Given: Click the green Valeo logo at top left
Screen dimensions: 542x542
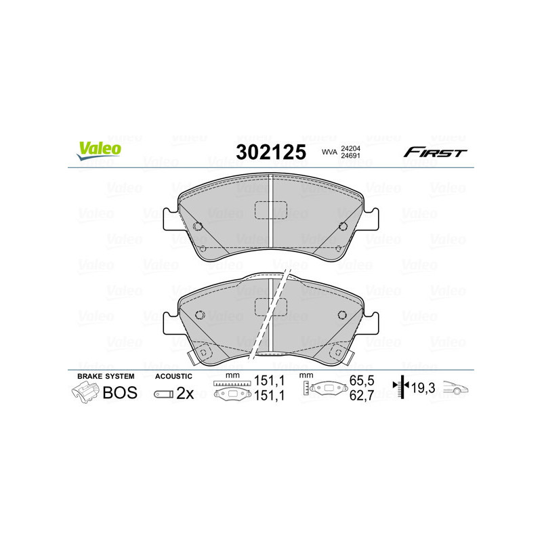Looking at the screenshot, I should point(98,150).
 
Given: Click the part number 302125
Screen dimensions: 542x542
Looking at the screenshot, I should point(270,152).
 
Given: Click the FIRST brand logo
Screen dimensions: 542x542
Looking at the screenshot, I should point(435,152).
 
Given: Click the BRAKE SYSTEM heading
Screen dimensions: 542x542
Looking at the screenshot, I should point(105,375).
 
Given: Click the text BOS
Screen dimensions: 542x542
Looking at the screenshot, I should point(119,392).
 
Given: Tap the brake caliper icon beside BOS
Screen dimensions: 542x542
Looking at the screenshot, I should point(84,392).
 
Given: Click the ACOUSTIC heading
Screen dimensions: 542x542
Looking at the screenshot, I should point(173,375).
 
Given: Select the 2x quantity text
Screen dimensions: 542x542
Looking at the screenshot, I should point(184,393).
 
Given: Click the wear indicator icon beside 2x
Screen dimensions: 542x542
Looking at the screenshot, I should point(163,394).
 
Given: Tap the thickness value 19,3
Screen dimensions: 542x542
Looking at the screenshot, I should point(423,388).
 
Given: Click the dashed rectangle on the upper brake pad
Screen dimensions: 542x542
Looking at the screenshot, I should point(270,211).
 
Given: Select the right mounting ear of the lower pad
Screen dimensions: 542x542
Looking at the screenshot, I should point(371,321).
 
